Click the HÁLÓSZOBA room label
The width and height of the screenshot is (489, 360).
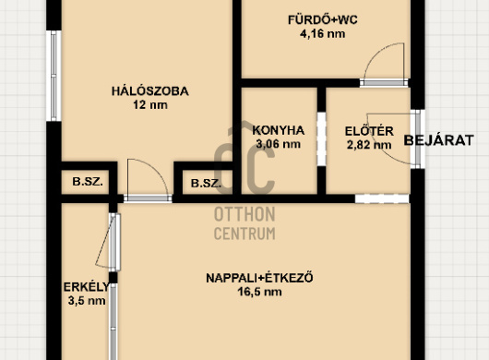coord(150,91)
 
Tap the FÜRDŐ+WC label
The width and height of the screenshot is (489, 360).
coord(323,20)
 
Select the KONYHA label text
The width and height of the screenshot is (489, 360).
coord(279,130)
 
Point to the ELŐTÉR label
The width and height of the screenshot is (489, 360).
coord(369,131)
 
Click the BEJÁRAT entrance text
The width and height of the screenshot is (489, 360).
coord(439,140)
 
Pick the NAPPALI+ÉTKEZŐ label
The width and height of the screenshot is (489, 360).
coord(259,278)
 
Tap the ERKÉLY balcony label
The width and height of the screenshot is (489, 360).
coord(87,287)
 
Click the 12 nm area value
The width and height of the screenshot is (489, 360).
coord(150,105)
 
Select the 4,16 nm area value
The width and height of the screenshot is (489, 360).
coord(323,33)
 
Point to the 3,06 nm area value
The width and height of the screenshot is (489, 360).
coord(279,144)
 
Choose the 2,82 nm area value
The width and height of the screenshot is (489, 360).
coord(369,145)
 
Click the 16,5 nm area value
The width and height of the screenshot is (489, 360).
coord(259,292)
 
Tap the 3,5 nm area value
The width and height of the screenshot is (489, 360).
coord(87,301)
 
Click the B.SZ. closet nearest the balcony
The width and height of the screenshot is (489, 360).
coord(88,182)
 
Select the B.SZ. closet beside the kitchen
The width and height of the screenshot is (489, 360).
coord(206,183)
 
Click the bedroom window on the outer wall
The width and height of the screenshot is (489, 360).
coord(54,76)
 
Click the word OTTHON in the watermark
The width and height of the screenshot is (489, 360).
coord(244,215)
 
